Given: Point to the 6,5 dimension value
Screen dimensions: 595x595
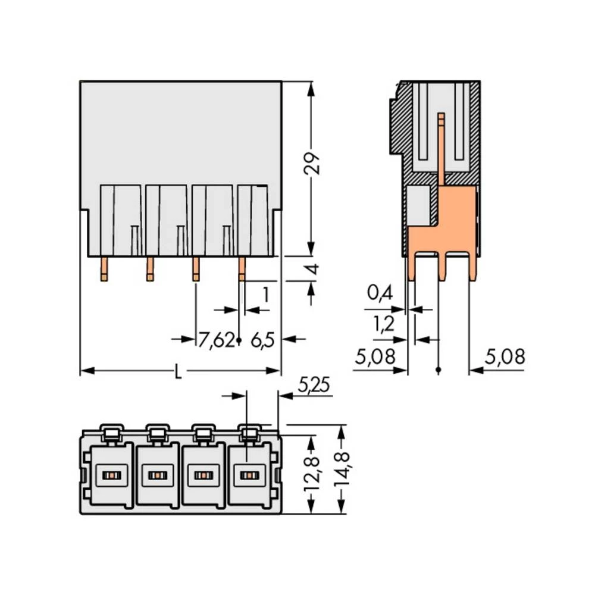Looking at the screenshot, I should pos(262,340).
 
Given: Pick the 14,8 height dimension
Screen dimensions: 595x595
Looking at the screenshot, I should pos(342,469).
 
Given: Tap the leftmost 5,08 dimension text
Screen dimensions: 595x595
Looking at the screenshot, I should pos(375,357).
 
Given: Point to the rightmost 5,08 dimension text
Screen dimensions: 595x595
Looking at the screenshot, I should pos(505,357).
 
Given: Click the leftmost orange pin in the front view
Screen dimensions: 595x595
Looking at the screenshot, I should pos(104,269).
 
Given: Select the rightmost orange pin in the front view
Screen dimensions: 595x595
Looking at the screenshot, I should pos(242,269).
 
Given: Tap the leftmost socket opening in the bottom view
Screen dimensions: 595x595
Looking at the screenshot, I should pos(110,475).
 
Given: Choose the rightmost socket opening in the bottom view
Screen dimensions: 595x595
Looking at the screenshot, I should pos(248,475).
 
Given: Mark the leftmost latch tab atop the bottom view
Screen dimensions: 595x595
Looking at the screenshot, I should pos(111,432).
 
